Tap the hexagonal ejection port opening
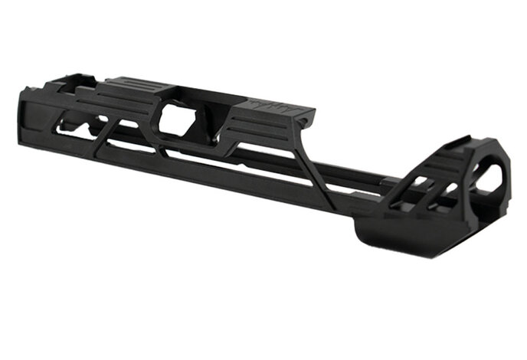[179, 121]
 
